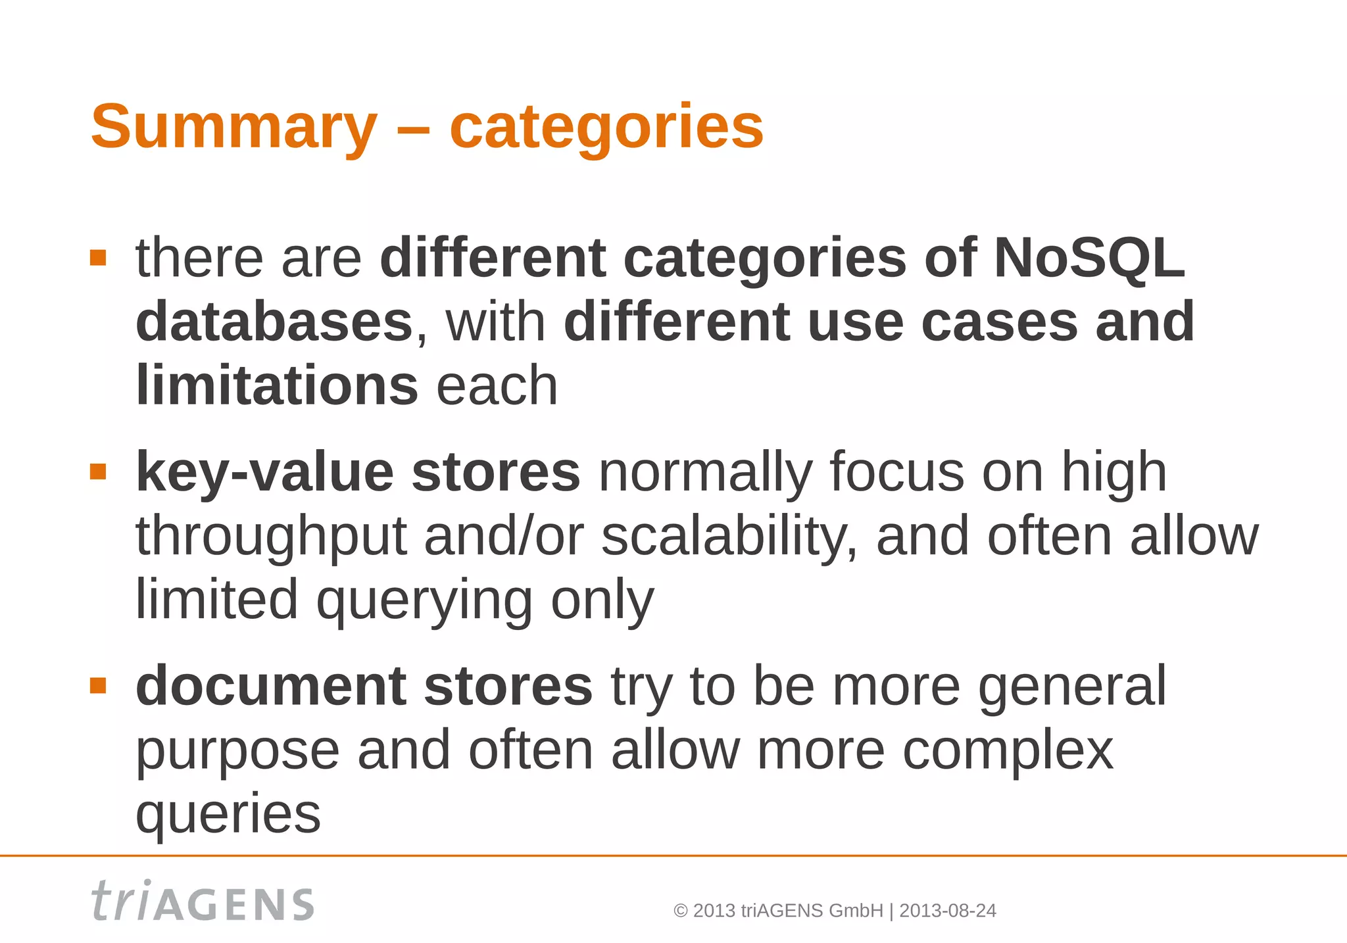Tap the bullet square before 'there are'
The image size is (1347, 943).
pyautogui.click(x=98, y=258)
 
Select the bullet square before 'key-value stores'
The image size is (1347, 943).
pyautogui.click(x=98, y=472)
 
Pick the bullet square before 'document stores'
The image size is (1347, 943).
pyautogui.click(x=98, y=686)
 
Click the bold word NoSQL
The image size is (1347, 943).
pyautogui.click(x=1089, y=258)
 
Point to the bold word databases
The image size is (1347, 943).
pyautogui.click(x=274, y=322)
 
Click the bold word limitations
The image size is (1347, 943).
pyautogui.click(x=276, y=385)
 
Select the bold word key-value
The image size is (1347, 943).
pyautogui.click(x=264, y=472)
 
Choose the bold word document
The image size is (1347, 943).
pyautogui.click(x=270, y=686)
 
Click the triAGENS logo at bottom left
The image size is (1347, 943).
pyautogui.click(x=202, y=902)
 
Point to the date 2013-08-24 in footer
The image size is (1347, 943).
pyautogui.click(x=947, y=911)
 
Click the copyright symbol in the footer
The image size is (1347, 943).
pyautogui.click(x=681, y=911)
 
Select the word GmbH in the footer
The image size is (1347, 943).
pyautogui.click(x=856, y=911)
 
